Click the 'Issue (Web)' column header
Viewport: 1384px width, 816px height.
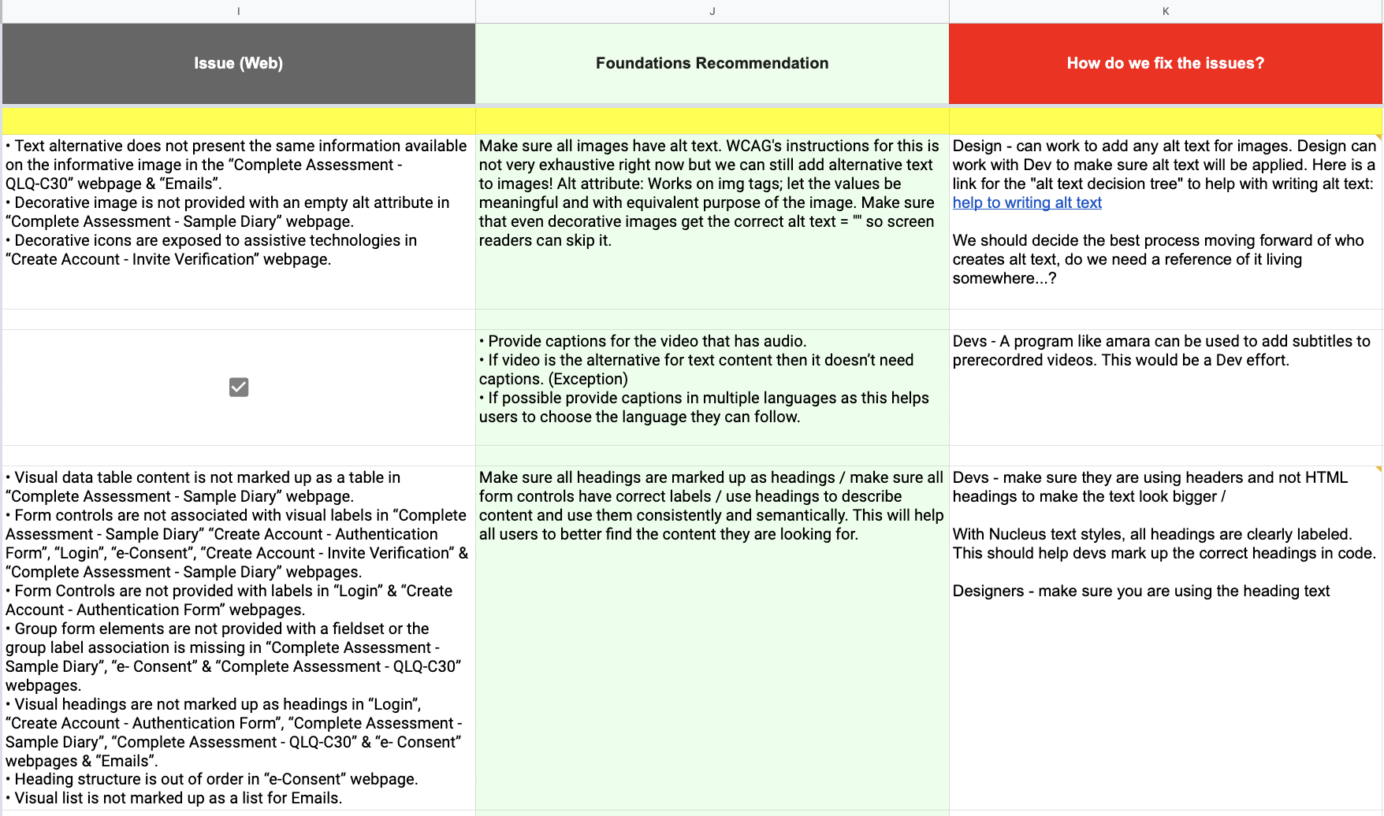238,63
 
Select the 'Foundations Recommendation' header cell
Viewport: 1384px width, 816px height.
712,63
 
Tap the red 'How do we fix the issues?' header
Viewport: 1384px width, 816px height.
1165,63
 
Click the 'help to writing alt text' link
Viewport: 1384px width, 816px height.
1027,203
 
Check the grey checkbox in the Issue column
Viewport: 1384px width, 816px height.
239,387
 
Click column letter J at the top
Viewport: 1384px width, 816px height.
712,11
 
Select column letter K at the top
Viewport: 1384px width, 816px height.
1165,11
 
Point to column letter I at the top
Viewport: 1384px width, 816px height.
238,11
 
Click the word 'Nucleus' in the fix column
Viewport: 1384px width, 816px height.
1017,535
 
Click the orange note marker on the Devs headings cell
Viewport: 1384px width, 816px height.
1379,469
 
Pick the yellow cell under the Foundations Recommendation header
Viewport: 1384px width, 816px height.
712,121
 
